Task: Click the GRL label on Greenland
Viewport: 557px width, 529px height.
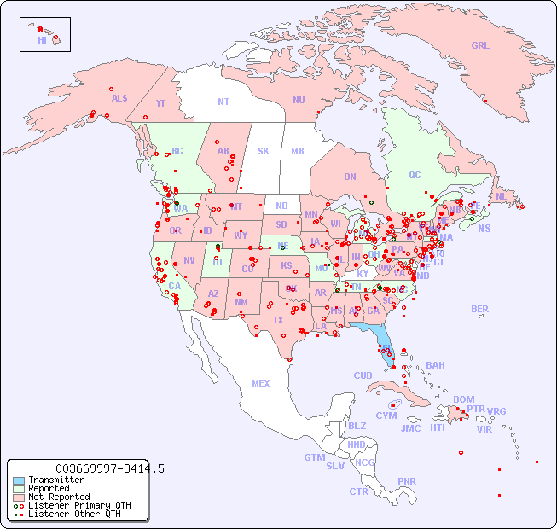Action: click(x=480, y=46)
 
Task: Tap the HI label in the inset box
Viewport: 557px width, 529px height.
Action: click(x=42, y=40)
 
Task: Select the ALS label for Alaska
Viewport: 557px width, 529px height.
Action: click(x=119, y=98)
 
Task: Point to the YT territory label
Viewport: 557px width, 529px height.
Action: click(x=160, y=103)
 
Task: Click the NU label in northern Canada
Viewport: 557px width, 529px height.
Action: click(x=299, y=100)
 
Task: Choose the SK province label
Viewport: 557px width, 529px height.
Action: click(x=264, y=151)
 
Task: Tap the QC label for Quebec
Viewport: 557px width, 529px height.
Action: click(x=415, y=175)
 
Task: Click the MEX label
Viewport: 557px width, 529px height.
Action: click(x=261, y=383)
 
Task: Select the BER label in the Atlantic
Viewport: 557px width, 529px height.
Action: click(x=480, y=309)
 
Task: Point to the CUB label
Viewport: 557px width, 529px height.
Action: click(x=363, y=375)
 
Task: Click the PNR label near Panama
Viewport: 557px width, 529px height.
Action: click(x=407, y=481)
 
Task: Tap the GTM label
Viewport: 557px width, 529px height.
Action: click(x=314, y=457)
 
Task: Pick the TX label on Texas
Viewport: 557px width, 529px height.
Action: click(x=278, y=320)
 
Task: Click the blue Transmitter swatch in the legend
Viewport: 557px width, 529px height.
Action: click(x=19, y=480)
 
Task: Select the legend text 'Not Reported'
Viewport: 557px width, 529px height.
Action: click(x=59, y=497)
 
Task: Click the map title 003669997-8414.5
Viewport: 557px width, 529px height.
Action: click(x=109, y=468)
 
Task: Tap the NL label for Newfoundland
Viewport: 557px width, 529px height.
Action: click(x=501, y=195)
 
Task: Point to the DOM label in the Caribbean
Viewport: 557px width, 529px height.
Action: click(x=463, y=399)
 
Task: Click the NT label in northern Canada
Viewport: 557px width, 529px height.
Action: click(x=223, y=101)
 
